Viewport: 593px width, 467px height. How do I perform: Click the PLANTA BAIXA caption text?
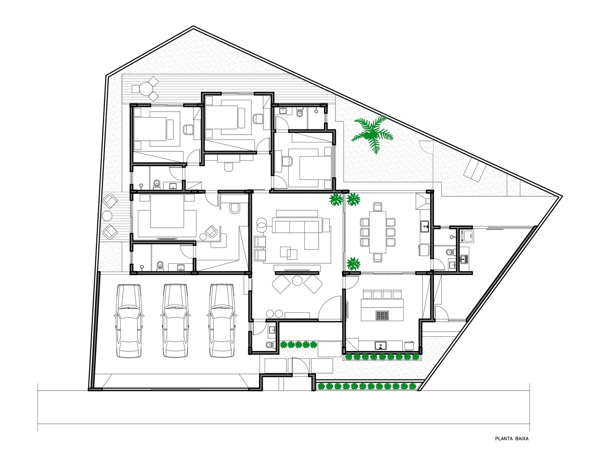click(512, 446)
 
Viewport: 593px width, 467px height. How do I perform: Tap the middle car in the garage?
click(176, 321)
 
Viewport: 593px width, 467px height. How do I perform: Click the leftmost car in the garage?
click(129, 321)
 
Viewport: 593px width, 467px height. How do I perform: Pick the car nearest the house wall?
click(222, 321)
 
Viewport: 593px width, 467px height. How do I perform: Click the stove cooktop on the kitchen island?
click(382, 315)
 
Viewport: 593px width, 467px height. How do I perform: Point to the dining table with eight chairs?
click(378, 232)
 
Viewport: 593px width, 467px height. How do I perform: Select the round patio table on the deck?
click(146, 89)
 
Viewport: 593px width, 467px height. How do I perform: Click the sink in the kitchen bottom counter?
click(381, 346)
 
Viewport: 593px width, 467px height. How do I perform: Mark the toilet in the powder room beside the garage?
click(270, 345)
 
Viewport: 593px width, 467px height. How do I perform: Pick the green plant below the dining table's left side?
click(353, 263)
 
